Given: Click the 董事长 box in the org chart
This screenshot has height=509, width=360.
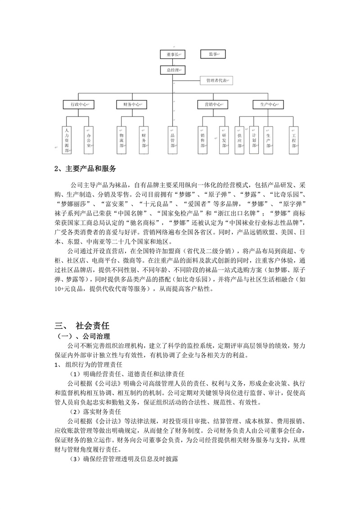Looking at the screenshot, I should pyautogui.click(x=173, y=54).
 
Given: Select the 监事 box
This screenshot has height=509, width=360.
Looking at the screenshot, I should pyautogui.click(x=214, y=54).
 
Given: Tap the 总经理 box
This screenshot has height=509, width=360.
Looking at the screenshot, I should pyautogui.click(x=173, y=70).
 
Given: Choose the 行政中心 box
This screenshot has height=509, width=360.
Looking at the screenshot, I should pyautogui.click(x=79, y=104).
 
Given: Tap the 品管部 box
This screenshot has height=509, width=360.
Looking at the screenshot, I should pyautogui.click(x=173, y=140).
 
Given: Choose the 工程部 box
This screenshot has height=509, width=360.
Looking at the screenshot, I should pyautogui.click(x=294, y=140).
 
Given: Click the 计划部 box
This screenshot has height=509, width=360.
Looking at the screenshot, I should pyautogui.click(x=254, y=140).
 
